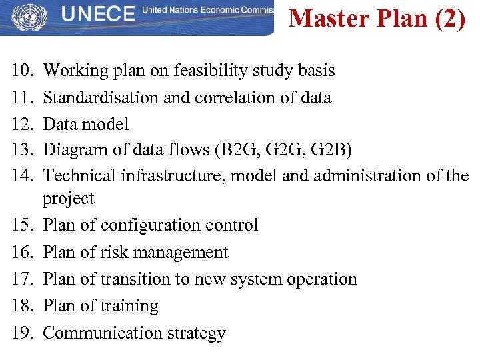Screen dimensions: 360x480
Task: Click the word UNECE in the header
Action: tap(97, 15)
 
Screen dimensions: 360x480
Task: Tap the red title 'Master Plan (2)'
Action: tap(377, 19)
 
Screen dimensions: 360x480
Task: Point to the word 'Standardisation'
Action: tap(101, 97)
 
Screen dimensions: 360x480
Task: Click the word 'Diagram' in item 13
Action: tap(73, 151)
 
